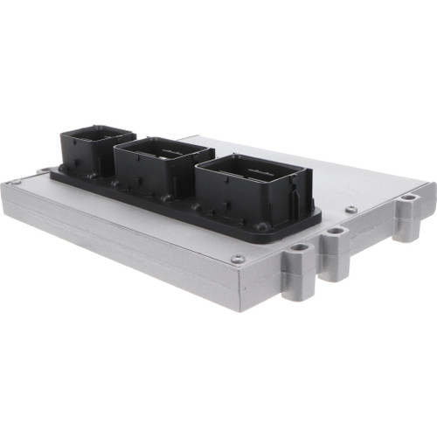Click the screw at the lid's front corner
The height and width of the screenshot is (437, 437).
click(x=238, y=259)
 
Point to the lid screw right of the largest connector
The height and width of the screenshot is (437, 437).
click(x=350, y=210)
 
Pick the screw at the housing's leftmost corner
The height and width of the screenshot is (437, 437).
click(x=15, y=182)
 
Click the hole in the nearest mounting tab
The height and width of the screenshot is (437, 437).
click(x=300, y=247)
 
